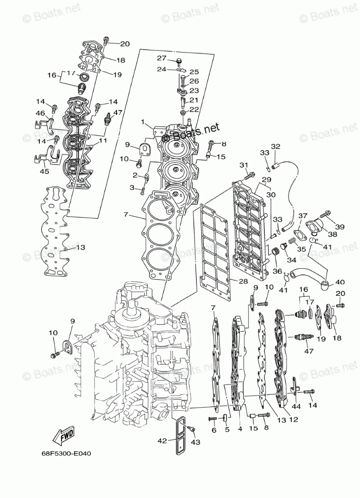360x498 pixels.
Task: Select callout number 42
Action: tap(161, 441)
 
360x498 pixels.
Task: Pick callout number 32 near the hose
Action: tap(275, 147)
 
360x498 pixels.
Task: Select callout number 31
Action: tap(244, 165)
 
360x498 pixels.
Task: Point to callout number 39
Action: tap(339, 227)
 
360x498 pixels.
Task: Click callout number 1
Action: tap(143, 122)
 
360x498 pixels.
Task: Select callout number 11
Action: tap(103, 141)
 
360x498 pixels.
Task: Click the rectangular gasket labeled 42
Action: tap(181, 436)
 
